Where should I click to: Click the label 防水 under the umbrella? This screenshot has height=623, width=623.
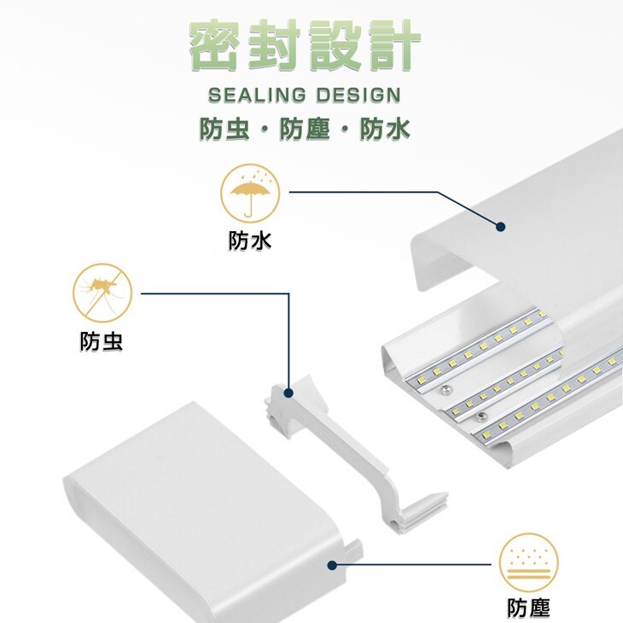point(249,242)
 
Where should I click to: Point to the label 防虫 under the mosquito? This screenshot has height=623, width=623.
point(102,342)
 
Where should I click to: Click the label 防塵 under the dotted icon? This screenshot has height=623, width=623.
point(528,608)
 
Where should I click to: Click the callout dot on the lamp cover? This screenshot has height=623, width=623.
point(501,227)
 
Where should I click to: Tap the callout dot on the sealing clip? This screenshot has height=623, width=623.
point(288,393)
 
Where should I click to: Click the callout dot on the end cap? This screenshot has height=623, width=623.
point(331,564)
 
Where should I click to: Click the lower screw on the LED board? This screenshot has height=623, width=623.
point(482,416)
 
